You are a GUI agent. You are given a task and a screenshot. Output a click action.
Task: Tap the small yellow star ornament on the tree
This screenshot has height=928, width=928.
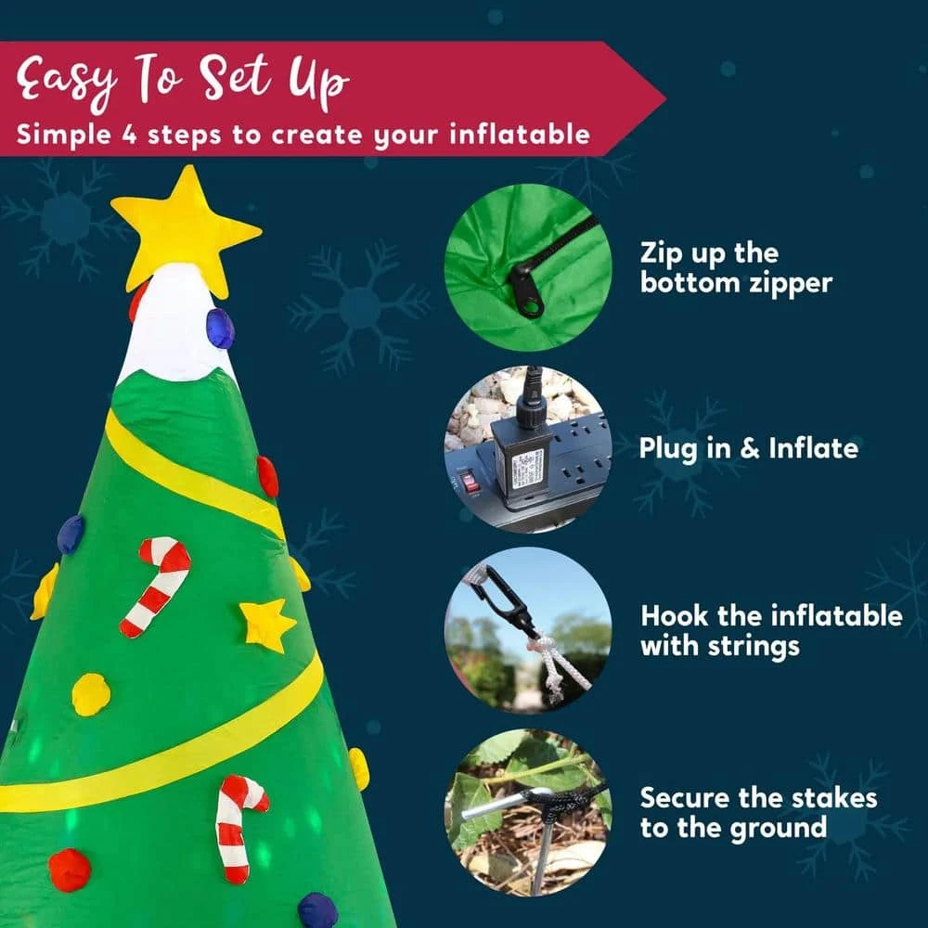click(266, 625)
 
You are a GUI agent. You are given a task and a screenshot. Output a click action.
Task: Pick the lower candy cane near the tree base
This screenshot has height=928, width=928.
click(238, 827)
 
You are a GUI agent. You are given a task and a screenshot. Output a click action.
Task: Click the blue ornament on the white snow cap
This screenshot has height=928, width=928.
click(220, 329)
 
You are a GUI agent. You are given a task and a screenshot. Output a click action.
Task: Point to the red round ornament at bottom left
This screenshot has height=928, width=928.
click(70, 870)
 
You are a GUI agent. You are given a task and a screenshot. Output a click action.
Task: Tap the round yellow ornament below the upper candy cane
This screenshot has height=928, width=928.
click(91, 694)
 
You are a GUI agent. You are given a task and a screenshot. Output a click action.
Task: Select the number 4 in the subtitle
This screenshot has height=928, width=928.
click(131, 135)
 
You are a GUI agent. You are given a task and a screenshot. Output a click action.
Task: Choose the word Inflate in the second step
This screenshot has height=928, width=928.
click(813, 449)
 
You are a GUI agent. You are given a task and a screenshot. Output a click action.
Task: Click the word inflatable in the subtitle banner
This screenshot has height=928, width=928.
click(520, 135)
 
